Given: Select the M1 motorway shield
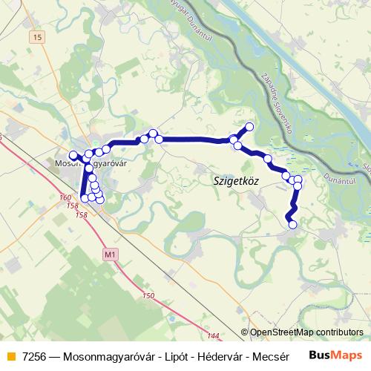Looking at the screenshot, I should click(x=111, y=256).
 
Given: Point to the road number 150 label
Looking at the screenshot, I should click(x=148, y=296).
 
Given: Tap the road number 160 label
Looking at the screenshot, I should click(x=65, y=197).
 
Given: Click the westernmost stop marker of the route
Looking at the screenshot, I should click(x=73, y=155).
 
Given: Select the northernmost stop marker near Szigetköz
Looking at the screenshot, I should click(x=249, y=126).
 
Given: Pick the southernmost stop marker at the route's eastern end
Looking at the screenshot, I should click(x=292, y=224).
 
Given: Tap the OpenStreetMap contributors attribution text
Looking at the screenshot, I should click(x=306, y=332).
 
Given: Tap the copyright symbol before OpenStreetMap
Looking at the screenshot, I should click(x=245, y=332).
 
